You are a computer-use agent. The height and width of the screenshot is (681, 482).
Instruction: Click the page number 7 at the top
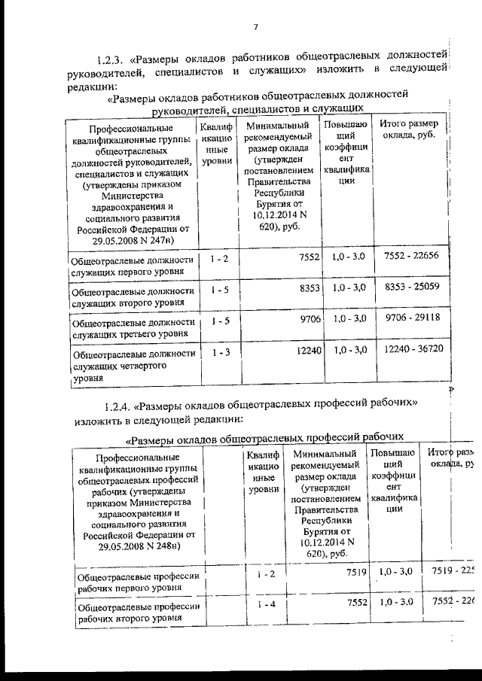(x=255, y=28)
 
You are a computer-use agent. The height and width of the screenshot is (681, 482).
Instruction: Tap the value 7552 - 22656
(x=411, y=257)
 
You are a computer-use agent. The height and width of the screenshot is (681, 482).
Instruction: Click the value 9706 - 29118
(x=411, y=318)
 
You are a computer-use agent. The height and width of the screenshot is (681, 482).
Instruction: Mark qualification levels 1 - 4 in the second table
(x=264, y=604)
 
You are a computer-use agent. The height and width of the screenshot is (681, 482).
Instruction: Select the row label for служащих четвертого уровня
(x=133, y=366)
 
